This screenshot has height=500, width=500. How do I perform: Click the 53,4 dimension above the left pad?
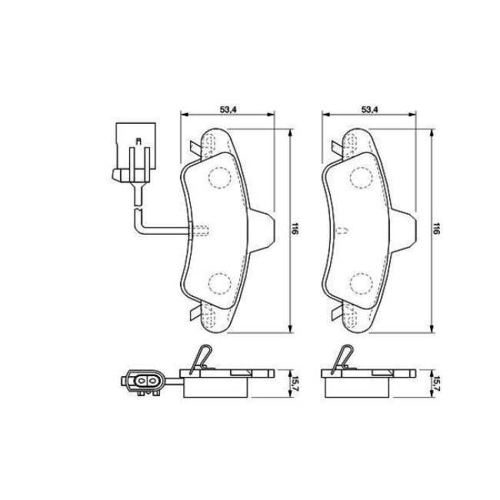(x=228, y=109)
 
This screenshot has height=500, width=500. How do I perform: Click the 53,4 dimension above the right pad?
(x=369, y=109)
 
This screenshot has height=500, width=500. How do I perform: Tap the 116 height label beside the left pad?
(x=295, y=230)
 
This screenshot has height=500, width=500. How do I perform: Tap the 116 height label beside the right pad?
(x=436, y=230)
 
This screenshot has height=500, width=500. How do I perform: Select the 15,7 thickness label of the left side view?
(x=295, y=384)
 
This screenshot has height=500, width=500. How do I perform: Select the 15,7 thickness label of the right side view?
(x=436, y=384)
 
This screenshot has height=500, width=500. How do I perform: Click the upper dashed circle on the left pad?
(x=220, y=176)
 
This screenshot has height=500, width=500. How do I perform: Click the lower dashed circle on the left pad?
(x=220, y=284)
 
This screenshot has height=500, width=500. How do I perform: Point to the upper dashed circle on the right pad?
(x=362, y=176)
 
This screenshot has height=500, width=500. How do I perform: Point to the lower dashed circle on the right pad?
(x=362, y=284)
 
